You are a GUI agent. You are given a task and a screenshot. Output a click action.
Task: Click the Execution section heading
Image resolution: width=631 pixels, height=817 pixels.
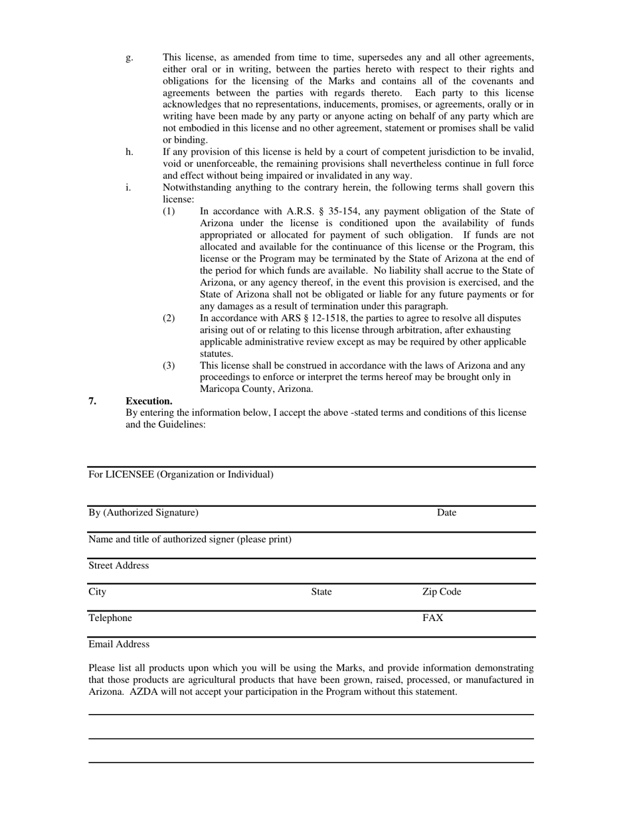(149, 401)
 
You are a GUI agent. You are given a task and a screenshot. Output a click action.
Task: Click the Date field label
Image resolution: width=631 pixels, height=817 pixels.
(446, 513)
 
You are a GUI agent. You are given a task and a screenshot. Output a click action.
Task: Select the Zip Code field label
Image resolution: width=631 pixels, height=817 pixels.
(442, 592)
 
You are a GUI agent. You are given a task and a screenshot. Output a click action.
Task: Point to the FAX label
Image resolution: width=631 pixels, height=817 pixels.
(433, 618)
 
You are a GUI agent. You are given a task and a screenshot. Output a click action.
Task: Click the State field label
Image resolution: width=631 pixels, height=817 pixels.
(321, 592)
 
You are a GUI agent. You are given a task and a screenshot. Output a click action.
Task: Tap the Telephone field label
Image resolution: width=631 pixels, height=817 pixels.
(110, 618)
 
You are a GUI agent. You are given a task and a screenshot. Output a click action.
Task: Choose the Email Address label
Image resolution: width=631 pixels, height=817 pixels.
(119, 644)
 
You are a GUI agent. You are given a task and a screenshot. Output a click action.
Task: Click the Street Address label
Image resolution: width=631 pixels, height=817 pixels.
(119, 565)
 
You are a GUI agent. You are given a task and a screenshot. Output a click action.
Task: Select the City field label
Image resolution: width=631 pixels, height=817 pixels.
(97, 592)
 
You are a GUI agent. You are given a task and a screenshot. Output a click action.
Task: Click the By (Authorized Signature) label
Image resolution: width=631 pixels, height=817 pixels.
(143, 513)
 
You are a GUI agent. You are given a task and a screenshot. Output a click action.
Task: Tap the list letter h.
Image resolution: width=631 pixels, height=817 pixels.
(129, 152)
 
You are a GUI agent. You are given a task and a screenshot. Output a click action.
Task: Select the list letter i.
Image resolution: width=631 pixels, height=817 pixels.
(128, 187)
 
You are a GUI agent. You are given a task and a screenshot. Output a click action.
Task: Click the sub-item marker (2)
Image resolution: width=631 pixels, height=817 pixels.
(169, 318)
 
